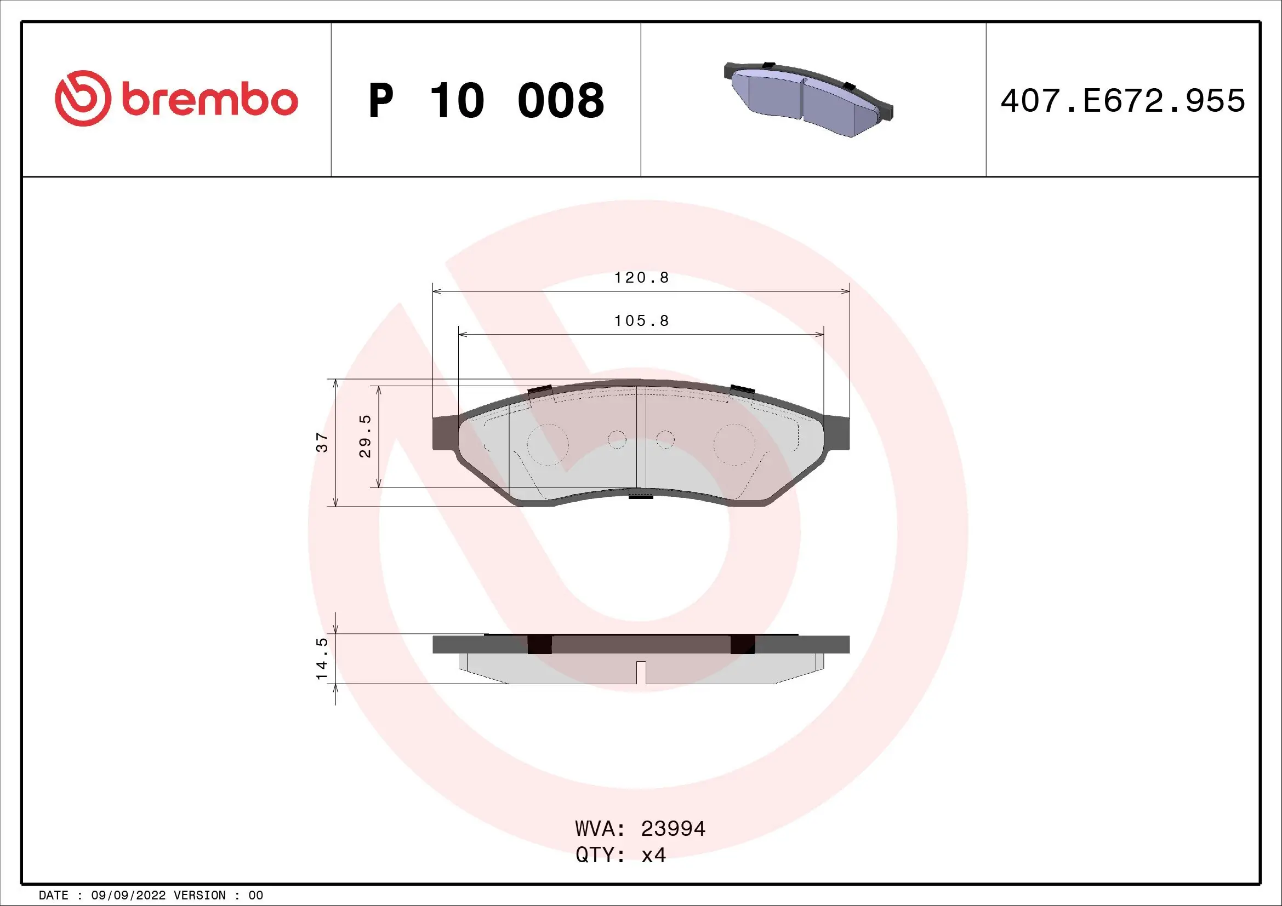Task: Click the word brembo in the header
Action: tap(210, 100)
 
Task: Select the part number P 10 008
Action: tap(486, 101)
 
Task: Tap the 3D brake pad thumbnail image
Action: tap(808, 98)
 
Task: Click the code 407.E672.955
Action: tap(1123, 101)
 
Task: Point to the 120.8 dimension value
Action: tap(641, 278)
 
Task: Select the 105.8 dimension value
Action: tap(641, 321)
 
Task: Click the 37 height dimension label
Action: tap(323, 443)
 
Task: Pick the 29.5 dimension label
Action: tap(365, 436)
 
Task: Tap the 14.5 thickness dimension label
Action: tap(322, 658)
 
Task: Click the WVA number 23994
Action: tap(673, 829)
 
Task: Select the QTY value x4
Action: tap(653, 855)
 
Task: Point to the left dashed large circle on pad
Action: tap(548, 445)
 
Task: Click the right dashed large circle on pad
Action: tap(734, 445)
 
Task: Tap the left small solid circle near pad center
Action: tap(617, 440)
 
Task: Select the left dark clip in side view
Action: tap(539, 644)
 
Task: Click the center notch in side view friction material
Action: tap(641, 672)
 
